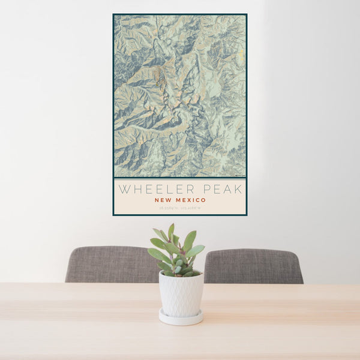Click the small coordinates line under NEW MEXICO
point(180,208)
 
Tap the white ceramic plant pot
point(181,294)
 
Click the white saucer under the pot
point(181,318)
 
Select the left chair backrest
point(112,264)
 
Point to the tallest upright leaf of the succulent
point(171,230)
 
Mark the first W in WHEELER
point(123,189)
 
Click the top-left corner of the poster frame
point(113,14)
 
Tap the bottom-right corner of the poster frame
point(246,214)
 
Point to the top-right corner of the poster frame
point(246,14)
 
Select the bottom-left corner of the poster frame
point(113,214)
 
